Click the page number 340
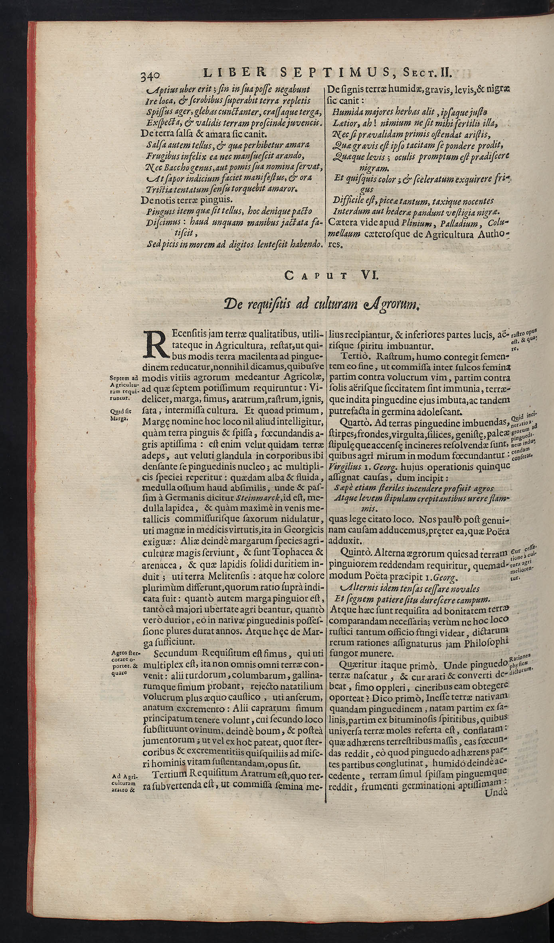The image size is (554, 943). click(x=150, y=75)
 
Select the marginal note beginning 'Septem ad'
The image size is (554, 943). click(x=122, y=387)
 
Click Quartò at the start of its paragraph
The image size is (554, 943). click(x=353, y=422)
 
